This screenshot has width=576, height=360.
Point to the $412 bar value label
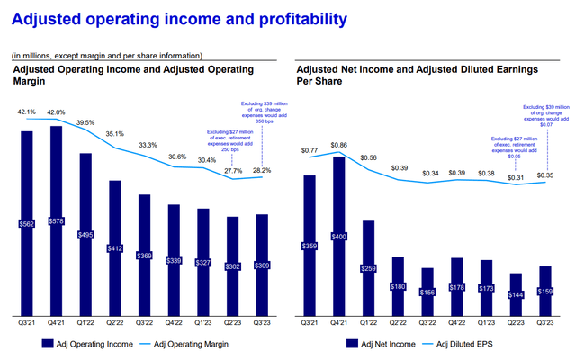(x=115, y=247)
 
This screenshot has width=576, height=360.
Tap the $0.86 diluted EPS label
(x=339, y=144)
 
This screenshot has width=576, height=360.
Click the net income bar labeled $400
(x=339, y=237)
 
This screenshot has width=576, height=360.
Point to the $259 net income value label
(x=369, y=268)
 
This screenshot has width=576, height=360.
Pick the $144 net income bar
(x=516, y=292)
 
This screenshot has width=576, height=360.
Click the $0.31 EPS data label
(x=516, y=177)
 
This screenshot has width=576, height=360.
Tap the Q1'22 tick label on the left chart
(x=86, y=322)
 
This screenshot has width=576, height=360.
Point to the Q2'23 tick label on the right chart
(x=516, y=322)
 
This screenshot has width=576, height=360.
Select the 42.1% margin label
(x=26, y=112)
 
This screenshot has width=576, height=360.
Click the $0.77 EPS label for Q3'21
(x=310, y=150)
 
